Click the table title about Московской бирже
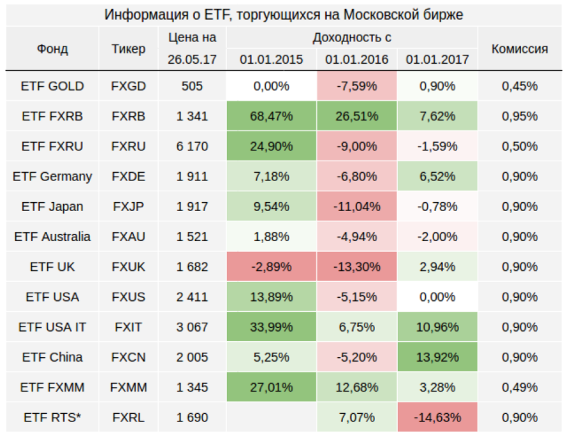(x=284, y=14)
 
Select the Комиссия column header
(x=519, y=48)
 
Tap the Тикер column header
(x=128, y=48)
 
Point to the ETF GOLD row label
(x=52, y=86)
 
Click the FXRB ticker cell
(x=128, y=116)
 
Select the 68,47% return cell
(x=272, y=116)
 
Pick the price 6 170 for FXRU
(x=192, y=146)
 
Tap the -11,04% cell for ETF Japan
(x=356, y=207)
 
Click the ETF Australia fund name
(x=52, y=237)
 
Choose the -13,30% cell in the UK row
(x=356, y=267)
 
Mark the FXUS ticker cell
(x=128, y=297)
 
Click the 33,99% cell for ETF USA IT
(x=272, y=327)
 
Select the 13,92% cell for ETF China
(x=437, y=357)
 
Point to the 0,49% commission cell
(x=519, y=387)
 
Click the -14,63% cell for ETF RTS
(x=437, y=418)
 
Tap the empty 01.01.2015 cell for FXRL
(x=272, y=418)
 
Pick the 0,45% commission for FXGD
(x=519, y=86)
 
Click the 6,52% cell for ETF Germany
(x=437, y=177)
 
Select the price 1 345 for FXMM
(x=192, y=387)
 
